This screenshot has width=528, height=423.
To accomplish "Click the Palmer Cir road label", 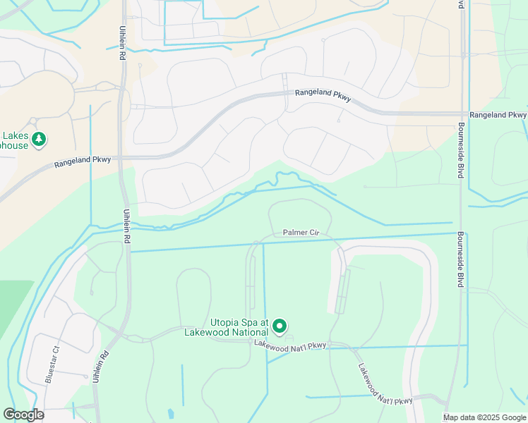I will point(302,232).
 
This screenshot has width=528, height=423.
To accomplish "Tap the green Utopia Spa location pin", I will point(280,326).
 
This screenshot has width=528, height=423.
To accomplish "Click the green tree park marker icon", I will point(40,138).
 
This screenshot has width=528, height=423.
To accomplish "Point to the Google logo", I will point(23,415).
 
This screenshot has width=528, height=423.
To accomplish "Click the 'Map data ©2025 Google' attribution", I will point(484,417).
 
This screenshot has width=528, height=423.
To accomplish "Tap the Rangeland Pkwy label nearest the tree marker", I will point(83,161).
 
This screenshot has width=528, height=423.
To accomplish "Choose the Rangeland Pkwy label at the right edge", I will point(498,114).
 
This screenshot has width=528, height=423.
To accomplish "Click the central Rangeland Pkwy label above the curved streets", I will point(323,93).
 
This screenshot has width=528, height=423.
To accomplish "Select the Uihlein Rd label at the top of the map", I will point(123,44).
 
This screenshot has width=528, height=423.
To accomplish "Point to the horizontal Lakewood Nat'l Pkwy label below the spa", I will point(290,345).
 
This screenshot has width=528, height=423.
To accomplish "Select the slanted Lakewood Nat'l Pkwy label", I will point(384,385).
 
